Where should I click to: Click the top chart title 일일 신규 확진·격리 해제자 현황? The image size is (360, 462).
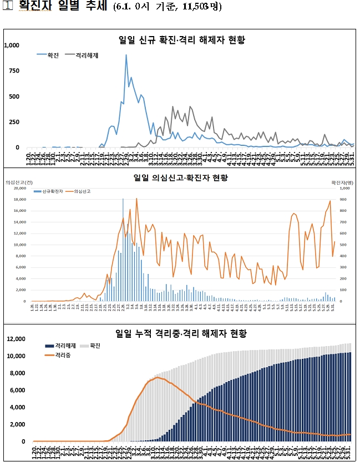click(182, 40)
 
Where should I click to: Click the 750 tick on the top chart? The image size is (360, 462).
click(14, 71)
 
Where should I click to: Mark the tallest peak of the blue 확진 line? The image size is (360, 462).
click(126, 55)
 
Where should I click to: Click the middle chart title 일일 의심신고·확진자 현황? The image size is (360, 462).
click(182, 178)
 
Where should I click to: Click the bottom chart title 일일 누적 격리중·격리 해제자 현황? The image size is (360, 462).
click(181, 333)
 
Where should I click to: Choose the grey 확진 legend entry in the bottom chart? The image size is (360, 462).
click(87, 346)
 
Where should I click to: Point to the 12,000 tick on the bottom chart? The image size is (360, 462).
click(16, 339)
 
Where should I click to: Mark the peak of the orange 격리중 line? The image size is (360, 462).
click(158, 378)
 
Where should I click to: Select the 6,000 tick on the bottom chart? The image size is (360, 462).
click(17, 390)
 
